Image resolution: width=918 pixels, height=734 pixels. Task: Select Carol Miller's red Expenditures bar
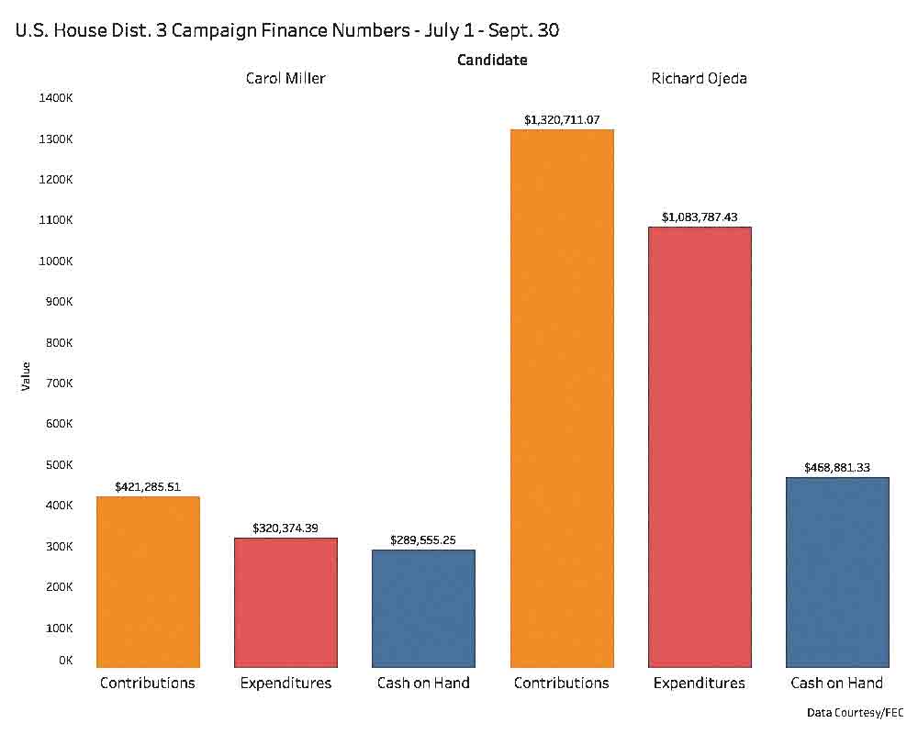[285, 602]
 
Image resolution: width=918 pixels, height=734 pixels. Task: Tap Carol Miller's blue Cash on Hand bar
[423, 608]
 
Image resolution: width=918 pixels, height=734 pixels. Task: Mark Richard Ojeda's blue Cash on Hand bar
[837, 572]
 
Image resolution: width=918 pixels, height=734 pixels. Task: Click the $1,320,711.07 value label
[562, 119]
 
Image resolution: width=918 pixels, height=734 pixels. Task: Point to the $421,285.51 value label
[148, 486]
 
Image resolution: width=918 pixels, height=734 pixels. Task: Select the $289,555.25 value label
[423, 539]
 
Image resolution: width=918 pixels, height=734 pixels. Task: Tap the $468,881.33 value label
[837, 467]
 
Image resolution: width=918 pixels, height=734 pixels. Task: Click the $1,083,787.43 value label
[700, 217]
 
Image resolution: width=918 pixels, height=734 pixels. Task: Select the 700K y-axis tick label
[57, 383]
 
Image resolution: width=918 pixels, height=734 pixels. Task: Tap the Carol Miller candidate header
[285, 78]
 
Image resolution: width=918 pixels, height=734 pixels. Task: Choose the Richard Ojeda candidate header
[700, 78]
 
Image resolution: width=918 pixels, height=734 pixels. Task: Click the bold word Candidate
[492, 60]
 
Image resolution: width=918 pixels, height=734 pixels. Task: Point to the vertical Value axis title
[26, 376]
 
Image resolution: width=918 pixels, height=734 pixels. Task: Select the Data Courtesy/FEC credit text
[855, 712]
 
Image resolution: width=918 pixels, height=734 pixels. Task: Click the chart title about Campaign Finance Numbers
[287, 29]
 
